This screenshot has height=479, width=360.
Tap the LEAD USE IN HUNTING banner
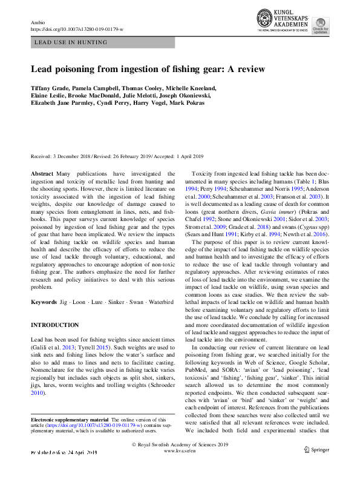[x=71, y=42]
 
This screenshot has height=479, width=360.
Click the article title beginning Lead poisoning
[x=148, y=68]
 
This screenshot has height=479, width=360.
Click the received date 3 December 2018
[x=71, y=157]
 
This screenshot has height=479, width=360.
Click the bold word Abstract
[x=42, y=173]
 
